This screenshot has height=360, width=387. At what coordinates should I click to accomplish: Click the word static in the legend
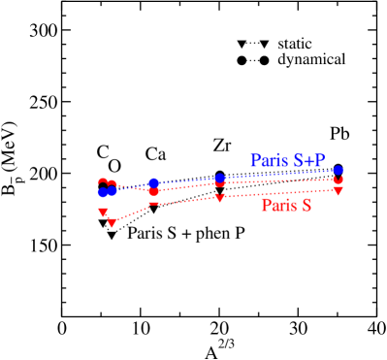[x=294, y=45]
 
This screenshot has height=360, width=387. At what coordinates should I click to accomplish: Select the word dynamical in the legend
[x=311, y=60]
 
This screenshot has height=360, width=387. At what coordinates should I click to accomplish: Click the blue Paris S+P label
[x=286, y=161]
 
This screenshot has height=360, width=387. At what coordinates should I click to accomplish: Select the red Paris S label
[x=286, y=206]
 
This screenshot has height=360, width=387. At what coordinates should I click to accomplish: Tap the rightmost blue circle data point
[x=338, y=171]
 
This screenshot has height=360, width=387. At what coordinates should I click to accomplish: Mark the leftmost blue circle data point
[x=103, y=192]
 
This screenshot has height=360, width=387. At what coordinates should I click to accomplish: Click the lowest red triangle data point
[x=113, y=223]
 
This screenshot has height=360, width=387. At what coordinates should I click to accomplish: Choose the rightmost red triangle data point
[x=338, y=191]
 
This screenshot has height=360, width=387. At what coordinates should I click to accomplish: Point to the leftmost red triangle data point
[x=103, y=213]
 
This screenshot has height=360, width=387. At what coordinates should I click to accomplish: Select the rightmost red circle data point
[x=338, y=180]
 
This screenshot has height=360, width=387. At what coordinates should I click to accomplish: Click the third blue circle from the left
[x=154, y=182]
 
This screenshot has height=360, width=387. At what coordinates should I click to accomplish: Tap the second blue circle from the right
[x=220, y=179]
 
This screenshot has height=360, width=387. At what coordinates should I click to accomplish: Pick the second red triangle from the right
[x=220, y=198]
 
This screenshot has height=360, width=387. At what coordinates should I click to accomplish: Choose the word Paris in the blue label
[x=268, y=161]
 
